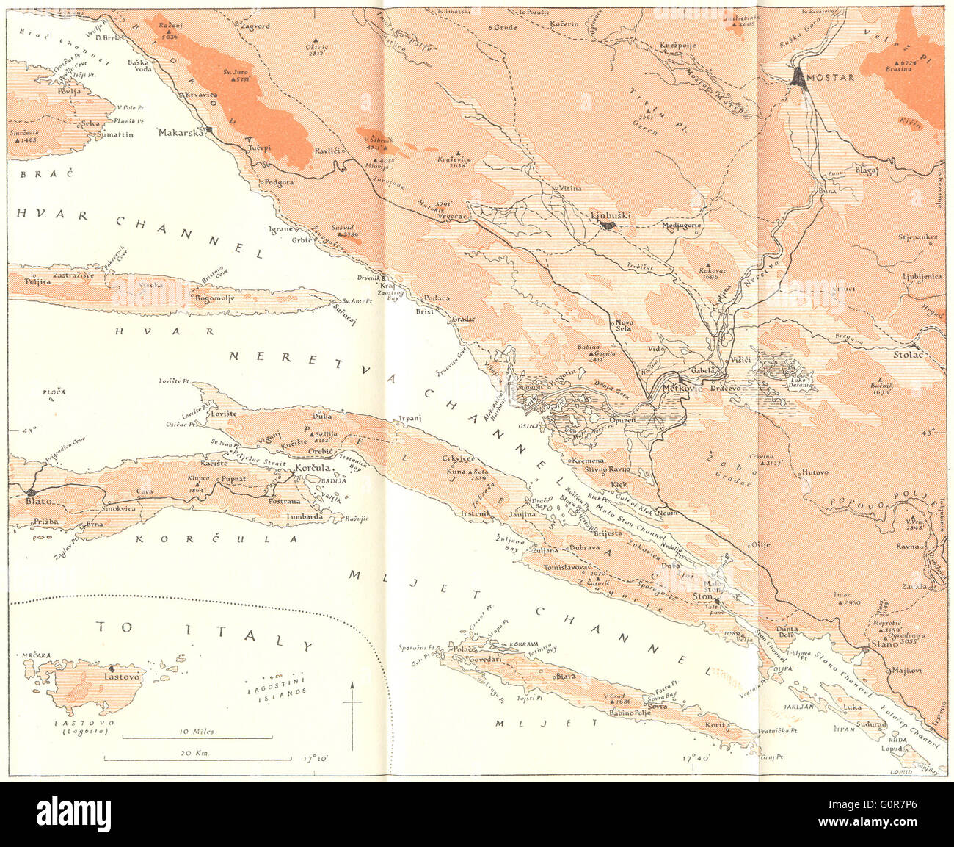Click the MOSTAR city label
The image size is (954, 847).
pos(832,77)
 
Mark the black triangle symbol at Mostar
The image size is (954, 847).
pos(798,77)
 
